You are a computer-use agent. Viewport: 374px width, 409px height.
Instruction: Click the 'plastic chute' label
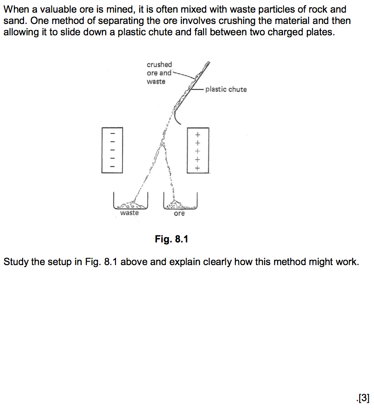coord(226,89)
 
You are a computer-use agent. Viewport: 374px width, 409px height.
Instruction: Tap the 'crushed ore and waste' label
coord(159,73)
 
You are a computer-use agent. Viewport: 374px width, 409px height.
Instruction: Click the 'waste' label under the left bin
coord(129,213)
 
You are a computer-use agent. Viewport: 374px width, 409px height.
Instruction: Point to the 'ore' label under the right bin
coord(179,213)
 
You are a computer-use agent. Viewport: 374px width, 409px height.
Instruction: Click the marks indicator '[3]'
coord(363,397)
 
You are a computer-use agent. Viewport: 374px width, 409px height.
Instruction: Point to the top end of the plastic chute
coord(208,64)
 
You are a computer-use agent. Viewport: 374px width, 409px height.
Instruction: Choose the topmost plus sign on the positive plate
coord(198,134)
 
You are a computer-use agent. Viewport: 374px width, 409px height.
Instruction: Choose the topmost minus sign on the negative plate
coord(112,133)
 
